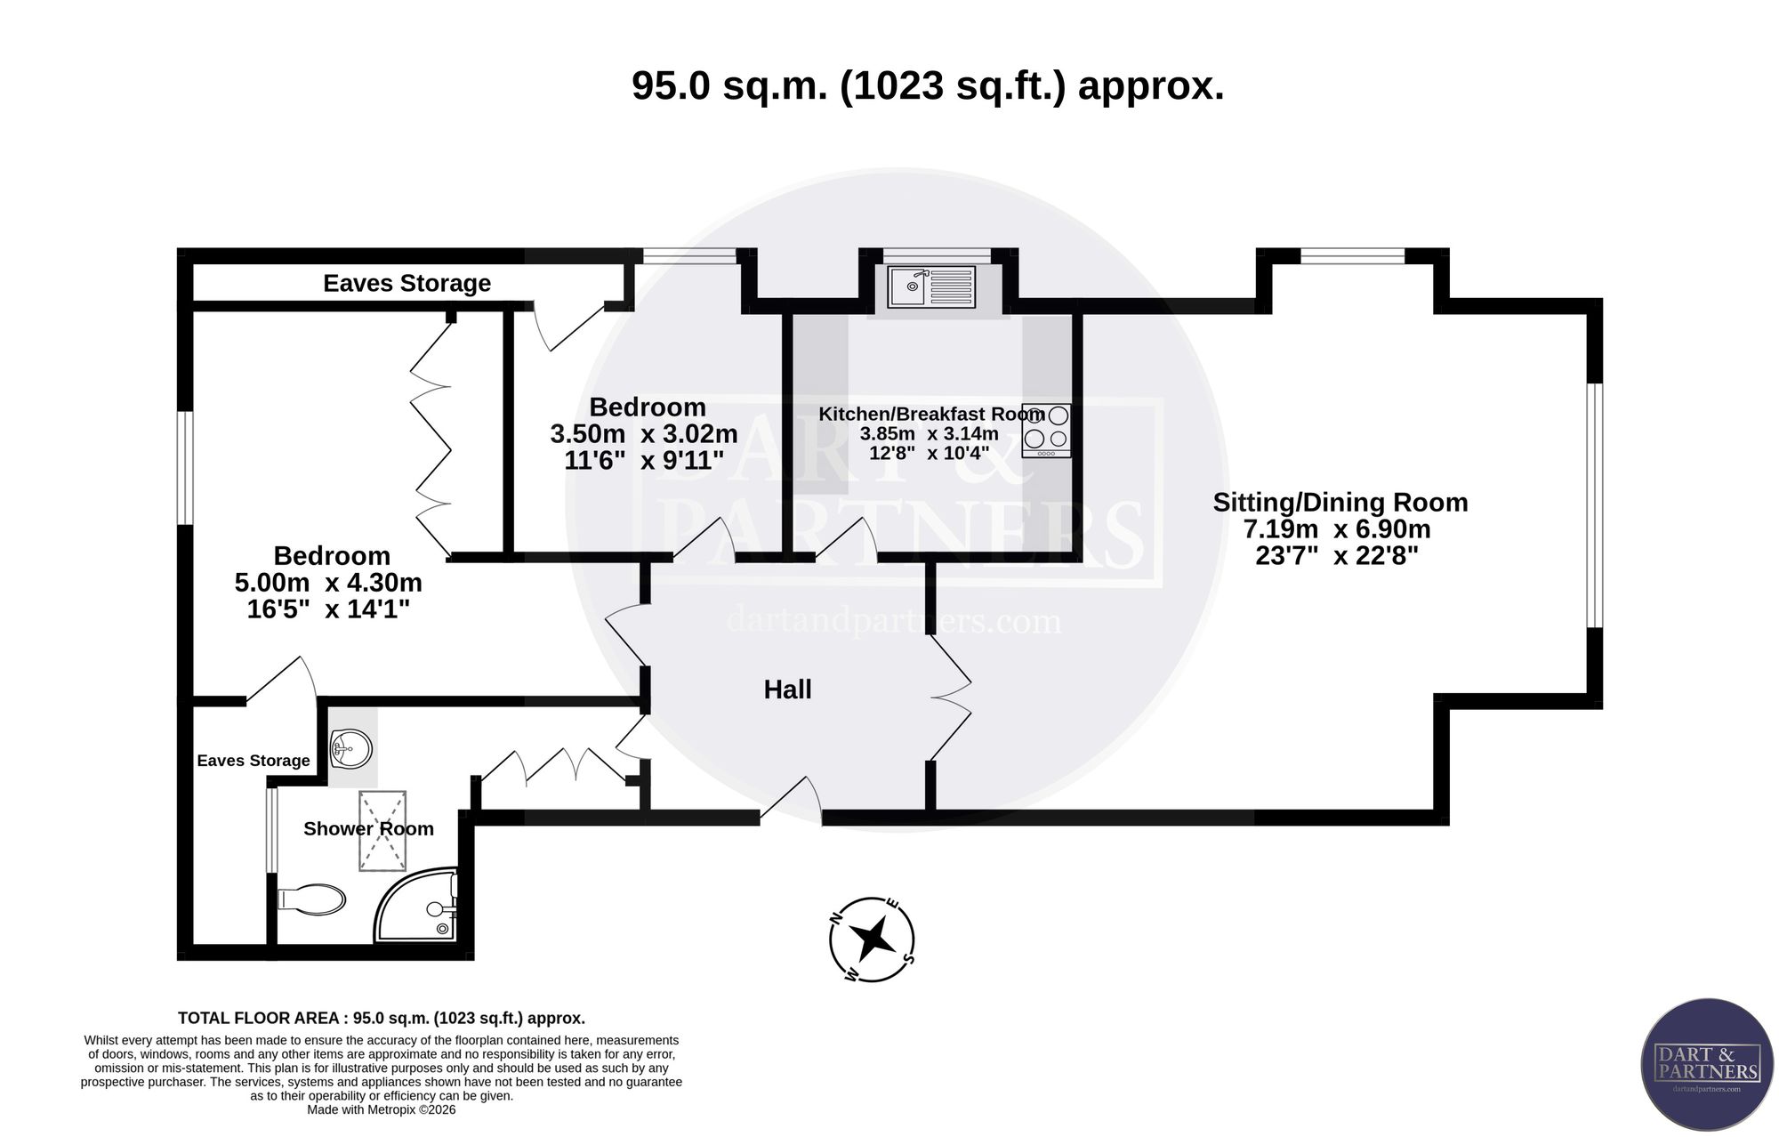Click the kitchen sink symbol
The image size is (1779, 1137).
(x=930, y=286)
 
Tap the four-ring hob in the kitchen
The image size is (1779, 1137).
(x=1046, y=431)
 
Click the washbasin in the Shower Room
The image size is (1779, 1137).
(x=350, y=748)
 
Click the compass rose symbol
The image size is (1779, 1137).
(x=872, y=939)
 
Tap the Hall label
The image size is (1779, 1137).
(x=787, y=689)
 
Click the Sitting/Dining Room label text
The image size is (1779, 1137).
(x=1340, y=502)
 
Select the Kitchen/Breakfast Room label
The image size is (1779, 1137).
(x=931, y=414)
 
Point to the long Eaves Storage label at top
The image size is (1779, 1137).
(x=407, y=283)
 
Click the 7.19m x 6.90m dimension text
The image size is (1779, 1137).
(x=1337, y=529)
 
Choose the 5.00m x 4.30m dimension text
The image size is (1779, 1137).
(x=328, y=584)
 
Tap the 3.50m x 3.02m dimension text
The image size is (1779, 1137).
(x=644, y=434)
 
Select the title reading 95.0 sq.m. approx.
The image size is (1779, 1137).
(x=928, y=86)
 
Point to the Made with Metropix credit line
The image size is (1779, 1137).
(x=381, y=1109)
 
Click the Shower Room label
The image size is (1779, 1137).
(x=368, y=828)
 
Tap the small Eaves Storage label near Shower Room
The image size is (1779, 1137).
(x=254, y=761)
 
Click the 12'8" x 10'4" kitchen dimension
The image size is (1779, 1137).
(x=929, y=452)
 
